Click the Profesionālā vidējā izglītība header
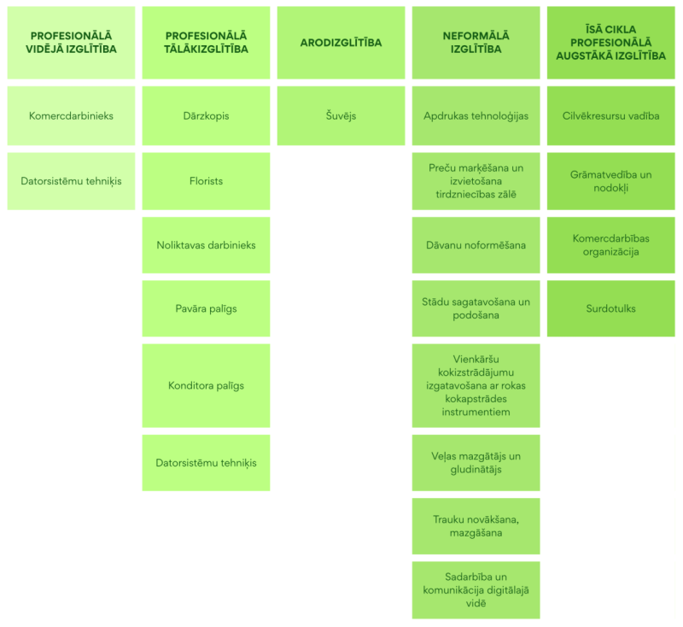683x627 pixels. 71,43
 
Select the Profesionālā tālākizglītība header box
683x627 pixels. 206,43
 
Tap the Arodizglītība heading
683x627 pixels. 341,43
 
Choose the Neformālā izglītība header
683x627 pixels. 476,43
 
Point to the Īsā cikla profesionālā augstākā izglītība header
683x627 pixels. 611,43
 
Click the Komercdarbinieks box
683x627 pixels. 71,115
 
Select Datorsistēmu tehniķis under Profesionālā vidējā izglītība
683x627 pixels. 71,181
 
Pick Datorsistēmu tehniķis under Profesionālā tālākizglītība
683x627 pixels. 206,463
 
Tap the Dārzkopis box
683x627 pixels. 206,115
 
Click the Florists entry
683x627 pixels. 206,181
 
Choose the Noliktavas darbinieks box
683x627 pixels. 206,245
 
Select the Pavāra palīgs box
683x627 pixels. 206,308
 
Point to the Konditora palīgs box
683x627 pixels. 206,385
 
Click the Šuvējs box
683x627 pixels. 341,115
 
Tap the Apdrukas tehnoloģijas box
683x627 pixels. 476,115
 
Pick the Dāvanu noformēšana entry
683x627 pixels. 476,245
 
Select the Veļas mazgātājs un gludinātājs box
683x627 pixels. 476,463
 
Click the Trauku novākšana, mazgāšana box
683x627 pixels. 476,526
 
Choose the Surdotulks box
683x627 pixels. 611,308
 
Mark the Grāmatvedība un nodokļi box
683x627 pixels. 611,181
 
